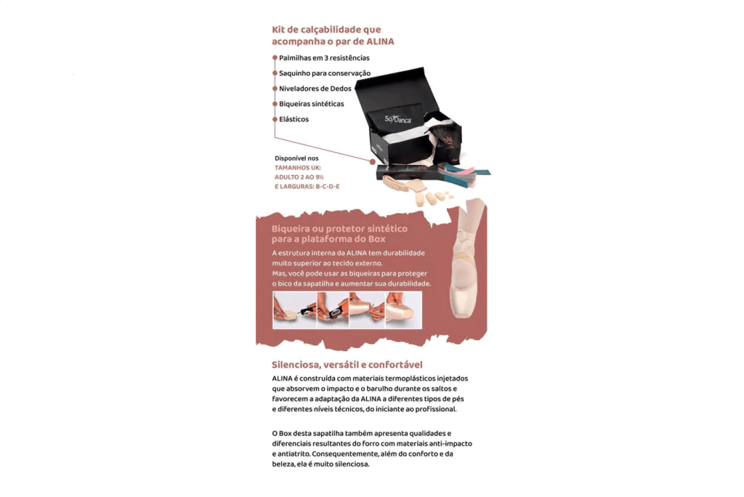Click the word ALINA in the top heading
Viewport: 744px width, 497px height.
tap(380, 41)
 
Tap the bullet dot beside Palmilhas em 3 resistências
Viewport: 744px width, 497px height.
tap(275, 58)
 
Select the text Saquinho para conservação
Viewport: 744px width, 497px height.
tap(325, 73)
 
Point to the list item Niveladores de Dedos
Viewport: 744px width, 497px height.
tap(315, 89)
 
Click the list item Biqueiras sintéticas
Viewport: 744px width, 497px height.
tap(311, 104)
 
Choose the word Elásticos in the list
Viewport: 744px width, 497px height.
tap(294, 119)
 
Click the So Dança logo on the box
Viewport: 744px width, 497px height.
tap(397, 118)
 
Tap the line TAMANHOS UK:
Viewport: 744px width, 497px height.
tap(297, 168)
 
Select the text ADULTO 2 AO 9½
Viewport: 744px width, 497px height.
tap(299, 177)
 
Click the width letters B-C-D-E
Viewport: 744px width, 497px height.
tap(328, 187)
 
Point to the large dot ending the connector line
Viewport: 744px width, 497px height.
tap(373, 162)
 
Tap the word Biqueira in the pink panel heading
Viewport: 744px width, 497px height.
tap(290, 229)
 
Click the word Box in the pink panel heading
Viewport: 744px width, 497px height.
tap(377, 239)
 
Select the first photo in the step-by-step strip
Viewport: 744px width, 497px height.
tap(295, 310)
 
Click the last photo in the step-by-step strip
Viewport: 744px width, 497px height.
tap(403, 310)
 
